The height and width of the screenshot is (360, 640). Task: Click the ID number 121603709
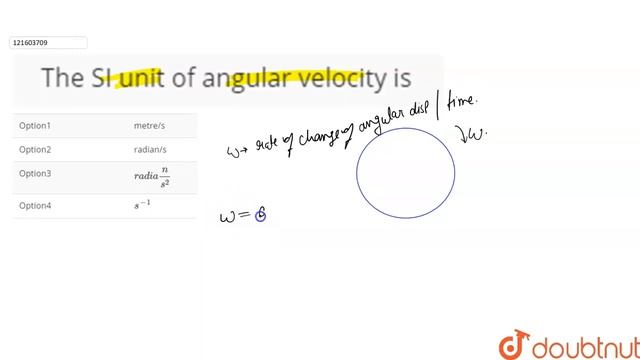(31, 43)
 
